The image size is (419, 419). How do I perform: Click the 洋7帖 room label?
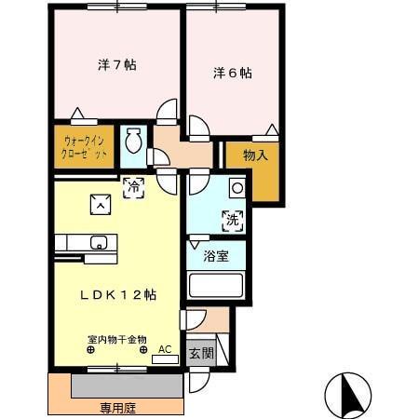(117, 65)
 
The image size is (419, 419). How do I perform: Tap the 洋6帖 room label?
(233, 72)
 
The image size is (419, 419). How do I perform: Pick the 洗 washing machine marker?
(231, 221)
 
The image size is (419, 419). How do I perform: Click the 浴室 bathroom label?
(216, 256)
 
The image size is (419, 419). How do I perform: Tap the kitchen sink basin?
(99, 244)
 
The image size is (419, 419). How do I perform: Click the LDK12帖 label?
(116, 294)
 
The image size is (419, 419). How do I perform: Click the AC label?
(165, 350)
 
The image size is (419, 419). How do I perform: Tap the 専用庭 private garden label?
(117, 407)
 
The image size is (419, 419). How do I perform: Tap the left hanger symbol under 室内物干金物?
(91, 351)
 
